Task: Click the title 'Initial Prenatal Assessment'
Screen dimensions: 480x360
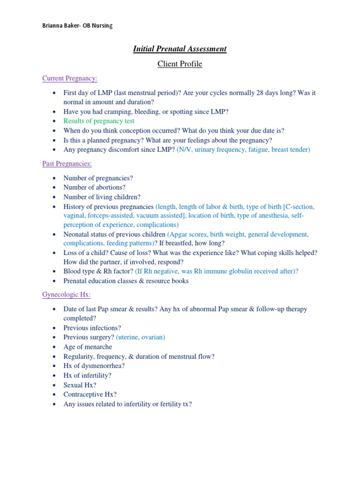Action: tap(180, 49)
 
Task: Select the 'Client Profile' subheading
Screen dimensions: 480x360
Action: tap(180, 64)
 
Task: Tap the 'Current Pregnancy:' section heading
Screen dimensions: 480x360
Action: tap(70, 78)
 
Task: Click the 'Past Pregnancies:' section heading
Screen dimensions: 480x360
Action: tap(67, 164)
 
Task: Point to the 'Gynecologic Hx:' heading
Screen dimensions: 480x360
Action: tap(67, 294)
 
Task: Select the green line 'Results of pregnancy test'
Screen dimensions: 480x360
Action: tap(99, 121)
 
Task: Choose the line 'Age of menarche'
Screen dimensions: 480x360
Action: tap(88, 347)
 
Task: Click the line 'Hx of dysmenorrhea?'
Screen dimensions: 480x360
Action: tap(94, 366)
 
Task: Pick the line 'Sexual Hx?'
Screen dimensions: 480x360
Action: tap(80, 385)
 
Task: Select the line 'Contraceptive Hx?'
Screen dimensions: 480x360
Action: tap(90, 394)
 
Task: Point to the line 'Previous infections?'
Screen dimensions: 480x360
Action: tap(92, 328)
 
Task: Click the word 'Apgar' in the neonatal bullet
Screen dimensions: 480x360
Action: tap(180, 234)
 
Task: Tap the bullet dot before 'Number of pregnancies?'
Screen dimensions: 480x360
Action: tap(55, 178)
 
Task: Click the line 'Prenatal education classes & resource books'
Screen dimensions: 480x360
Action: tap(126, 281)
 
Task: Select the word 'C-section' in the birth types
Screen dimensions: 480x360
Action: tap(299, 207)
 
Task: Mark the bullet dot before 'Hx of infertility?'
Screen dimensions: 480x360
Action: tap(55, 375)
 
